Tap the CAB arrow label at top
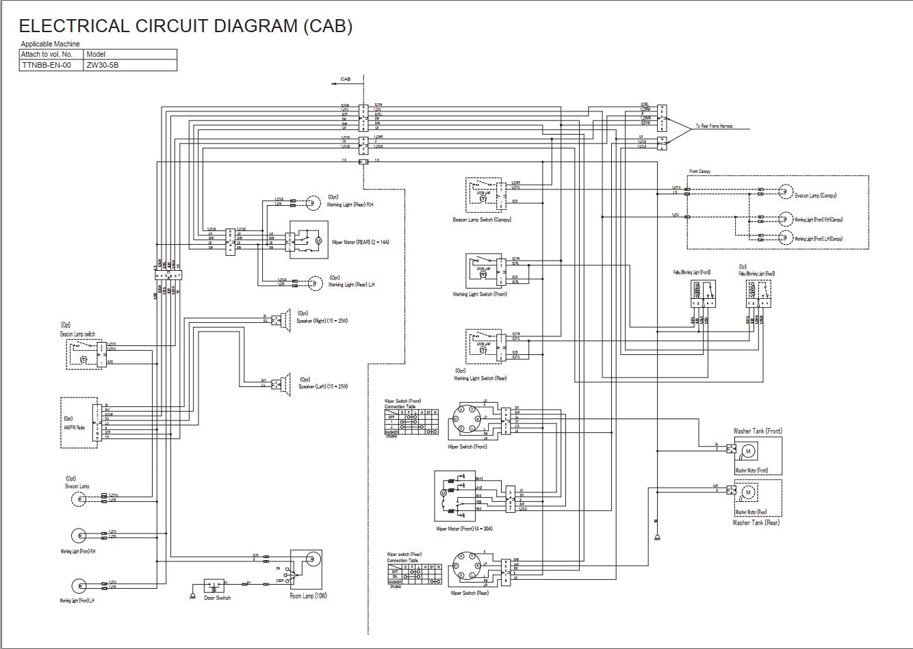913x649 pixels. [346, 79]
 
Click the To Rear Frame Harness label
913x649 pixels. [714, 127]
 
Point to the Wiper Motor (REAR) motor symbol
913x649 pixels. [317, 241]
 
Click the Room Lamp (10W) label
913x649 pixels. [308, 596]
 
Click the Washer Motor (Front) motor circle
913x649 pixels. [748, 451]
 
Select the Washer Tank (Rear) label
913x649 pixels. [756, 522]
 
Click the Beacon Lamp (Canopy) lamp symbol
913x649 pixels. [784, 193]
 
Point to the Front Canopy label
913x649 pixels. [699, 171]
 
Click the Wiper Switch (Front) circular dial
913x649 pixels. [465, 418]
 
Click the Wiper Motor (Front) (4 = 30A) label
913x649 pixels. [464, 529]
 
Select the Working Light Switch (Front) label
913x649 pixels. [480, 295]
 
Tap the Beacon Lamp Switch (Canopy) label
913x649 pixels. [482, 220]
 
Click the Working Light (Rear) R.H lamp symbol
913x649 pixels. [312, 202]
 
